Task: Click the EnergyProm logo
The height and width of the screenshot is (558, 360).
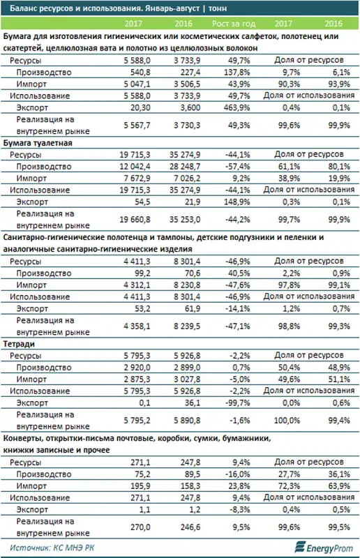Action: tap(323, 548)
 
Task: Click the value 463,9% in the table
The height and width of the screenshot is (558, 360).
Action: tap(237, 107)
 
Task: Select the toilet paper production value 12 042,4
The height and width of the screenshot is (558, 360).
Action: tap(135, 166)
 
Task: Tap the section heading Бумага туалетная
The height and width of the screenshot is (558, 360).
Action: tap(38, 143)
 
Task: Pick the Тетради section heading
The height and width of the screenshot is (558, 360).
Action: tap(19, 344)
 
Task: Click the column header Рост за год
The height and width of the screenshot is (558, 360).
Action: tap(234, 24)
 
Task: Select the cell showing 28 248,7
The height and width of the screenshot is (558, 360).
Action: tap(185, 166)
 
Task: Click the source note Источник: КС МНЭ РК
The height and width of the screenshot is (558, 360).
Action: tap(52, 548)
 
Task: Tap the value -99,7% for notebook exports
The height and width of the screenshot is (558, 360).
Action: tap(238, 402)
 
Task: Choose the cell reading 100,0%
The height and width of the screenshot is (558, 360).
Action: tap(287, 421)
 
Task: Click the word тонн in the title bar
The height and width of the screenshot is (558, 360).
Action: tap(218, 8)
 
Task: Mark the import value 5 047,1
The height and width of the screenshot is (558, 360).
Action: tap(137, 84)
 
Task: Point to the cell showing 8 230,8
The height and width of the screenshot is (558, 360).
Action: tap(187, 285)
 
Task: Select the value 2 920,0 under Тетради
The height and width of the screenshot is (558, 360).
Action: tap(137, 368)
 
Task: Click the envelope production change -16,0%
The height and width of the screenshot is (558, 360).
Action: tap(238, 474)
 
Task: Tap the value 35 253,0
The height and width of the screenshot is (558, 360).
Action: tap(185, 220)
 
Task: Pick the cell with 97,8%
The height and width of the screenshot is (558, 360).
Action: tap(289, 285)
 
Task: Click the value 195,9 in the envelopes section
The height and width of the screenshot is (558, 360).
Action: tap(140, 485)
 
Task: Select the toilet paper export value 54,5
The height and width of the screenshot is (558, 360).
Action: tap(142, 202)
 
